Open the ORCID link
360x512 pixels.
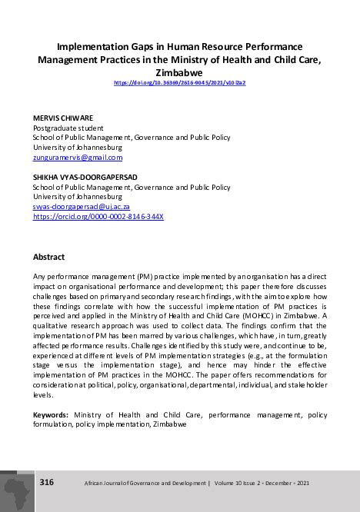[x=98, y=217]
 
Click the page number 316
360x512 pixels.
[x=47, y=482]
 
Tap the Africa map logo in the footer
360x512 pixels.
[x=16, y=488]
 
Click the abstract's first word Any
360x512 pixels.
[x=40, y=275]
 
